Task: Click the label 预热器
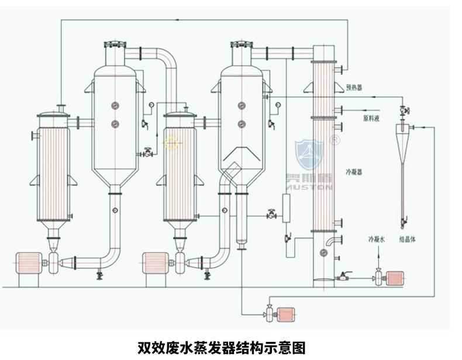(354, 87)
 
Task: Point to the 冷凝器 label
(354, 172)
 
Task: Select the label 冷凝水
(377, 239)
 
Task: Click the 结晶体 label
(408, 239)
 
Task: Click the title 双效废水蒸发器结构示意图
(221, 348)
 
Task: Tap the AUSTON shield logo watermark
(309, 155)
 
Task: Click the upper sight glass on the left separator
(115, 106)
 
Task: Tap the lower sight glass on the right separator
(242, 124)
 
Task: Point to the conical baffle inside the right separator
(240, 156)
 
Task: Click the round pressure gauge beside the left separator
(151, 105)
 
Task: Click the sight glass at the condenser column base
(323, 252)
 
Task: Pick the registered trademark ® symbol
(335, 140)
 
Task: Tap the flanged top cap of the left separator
(115, 45)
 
